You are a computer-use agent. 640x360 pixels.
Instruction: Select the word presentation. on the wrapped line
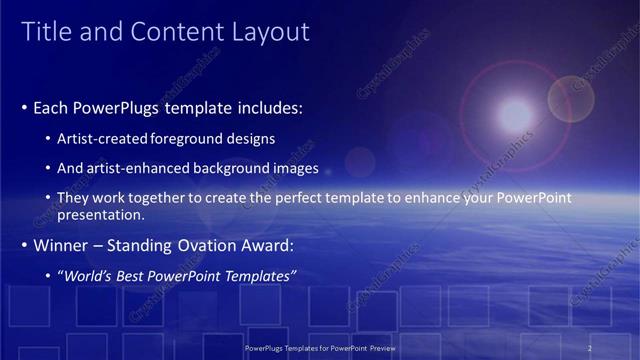point(103,215)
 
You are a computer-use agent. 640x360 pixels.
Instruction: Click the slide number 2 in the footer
point(589,347)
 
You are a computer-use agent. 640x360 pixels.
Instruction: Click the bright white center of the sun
point(515,112)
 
